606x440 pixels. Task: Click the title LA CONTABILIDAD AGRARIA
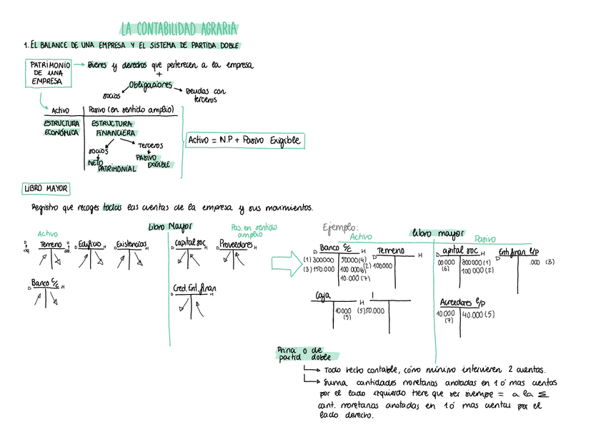pyautogui.click(x=179, y=29)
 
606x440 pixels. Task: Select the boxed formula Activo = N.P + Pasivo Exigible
pyautogui.click(x=244, y=141)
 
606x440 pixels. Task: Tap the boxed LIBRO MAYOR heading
pyautogui.click(x=46, y=189)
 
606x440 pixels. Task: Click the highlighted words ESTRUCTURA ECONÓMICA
pyautogui.click(x=61, y=128)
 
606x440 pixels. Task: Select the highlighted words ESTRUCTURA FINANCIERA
pyautogui.click(x=113, y=128)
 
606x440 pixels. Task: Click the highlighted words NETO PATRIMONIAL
pyautogui.click(x=109, y=165)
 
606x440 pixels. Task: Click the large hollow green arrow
pyautogui.click(x=286, y=262)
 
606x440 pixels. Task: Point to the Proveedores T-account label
pyautogui.click(x=235, y=244)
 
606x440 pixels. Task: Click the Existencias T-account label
pyautogui.click(x=131, y=244)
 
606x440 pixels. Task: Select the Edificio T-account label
pyautogui.click(x=90, y=244)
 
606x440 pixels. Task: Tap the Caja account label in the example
pyautogui.click(x=323, y=295)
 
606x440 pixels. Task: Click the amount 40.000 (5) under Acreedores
pyautogui.click(x=475, y=314)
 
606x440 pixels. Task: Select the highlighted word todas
pyautogui.click(x=112, y=208)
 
